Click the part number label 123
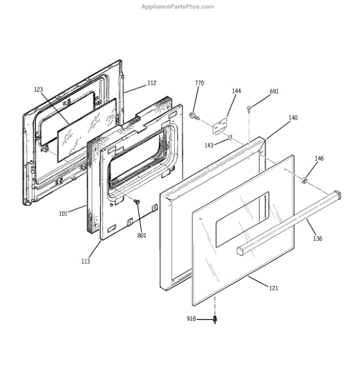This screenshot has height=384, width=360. click(x=38, y=90)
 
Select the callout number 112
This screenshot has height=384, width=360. click(x=152, y=83)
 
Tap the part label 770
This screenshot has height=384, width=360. click(x=199, y=83)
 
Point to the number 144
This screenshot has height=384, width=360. click(x=236, y=91)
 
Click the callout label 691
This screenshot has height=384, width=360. click(x=274, y=92)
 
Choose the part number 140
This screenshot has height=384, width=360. click(x=293, y=118)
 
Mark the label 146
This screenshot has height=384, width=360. click(x=319, y=158)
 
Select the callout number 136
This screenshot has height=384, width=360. click(x=318, y=238)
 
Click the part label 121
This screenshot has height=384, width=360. click(x=274, y=288)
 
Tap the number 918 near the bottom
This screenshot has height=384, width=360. click(x=191, y=318)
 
